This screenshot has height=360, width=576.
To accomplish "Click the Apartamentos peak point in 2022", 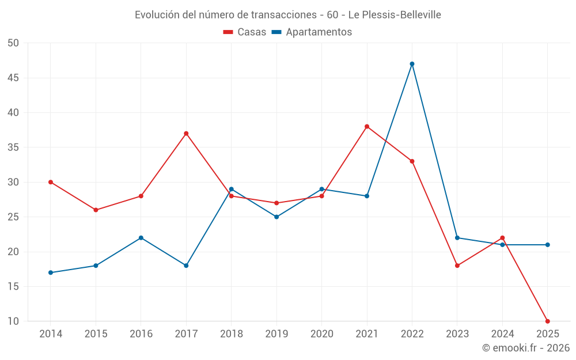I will coord(412,64).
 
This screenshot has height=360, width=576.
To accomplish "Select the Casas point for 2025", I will coord(547,321).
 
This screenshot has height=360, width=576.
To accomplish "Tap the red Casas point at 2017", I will coord(186,134).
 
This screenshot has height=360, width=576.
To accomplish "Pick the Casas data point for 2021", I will coord(367,127).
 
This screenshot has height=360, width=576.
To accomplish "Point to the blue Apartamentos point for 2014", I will coord(51,272).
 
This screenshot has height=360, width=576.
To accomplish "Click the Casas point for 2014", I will coord(51,182).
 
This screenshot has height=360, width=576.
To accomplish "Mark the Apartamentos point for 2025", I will coord(547,245).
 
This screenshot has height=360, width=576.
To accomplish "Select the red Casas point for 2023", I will coord(457,266).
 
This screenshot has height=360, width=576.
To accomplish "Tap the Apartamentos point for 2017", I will coord(186,266).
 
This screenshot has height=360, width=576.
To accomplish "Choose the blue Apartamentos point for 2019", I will coord(276,217).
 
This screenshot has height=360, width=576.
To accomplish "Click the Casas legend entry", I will coord(245,32).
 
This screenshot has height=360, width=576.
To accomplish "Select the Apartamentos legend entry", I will coord(312,32).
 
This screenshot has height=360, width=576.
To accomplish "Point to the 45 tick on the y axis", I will coord(13,78).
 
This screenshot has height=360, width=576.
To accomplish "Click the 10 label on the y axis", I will coord(13,321).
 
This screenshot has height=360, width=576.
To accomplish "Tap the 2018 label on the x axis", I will coord(231,334).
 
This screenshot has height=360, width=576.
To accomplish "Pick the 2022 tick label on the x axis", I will coord(412,334).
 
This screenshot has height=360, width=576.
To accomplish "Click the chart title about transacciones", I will coord(287,15).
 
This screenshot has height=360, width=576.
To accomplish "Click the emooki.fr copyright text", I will coord(525,348).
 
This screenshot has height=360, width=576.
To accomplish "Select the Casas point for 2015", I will coord(96,210).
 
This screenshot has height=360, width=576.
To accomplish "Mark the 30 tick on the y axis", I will coord(13,182).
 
